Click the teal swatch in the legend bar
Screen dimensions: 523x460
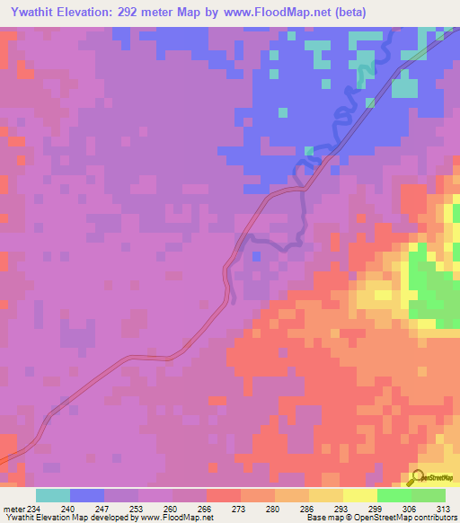pos(53,495)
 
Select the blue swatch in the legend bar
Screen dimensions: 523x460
pos(87,495)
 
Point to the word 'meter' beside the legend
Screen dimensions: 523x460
pos(13,508)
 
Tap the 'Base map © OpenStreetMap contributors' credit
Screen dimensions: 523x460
pos(380,519)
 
